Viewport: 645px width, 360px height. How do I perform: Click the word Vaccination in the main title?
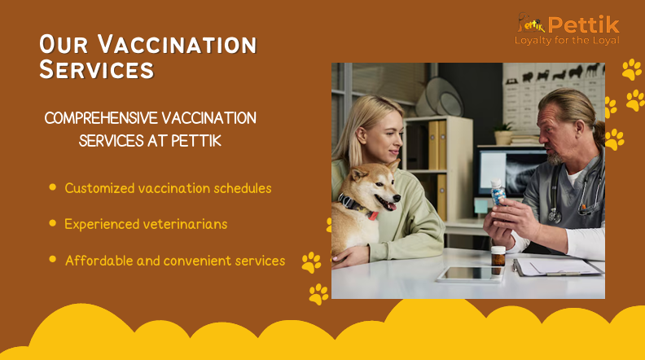tap(177, 45)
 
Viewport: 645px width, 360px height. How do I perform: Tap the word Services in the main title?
tap(97, 69)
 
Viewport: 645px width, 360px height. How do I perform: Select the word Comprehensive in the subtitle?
tap(101, 118)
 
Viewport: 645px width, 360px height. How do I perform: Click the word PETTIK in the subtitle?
tap(196, 141)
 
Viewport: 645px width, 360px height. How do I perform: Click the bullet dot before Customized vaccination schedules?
tap(53, 187)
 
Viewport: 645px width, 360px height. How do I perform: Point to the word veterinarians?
tap(185, 224)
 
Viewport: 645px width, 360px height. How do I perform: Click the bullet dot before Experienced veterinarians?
tap(53, 223)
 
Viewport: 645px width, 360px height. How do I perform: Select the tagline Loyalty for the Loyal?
tap(567, 41)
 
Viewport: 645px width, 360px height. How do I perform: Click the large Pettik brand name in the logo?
tap(583, 24)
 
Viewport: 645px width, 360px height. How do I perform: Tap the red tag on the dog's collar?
tap(373, 215)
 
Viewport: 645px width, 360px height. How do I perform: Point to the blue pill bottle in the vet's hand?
tap(498, 192)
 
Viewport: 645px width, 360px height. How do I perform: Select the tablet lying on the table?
tap(471, 274)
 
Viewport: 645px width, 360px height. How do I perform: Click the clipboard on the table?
tap(557, 266)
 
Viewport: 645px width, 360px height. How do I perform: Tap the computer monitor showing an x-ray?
tap(512, 172)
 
